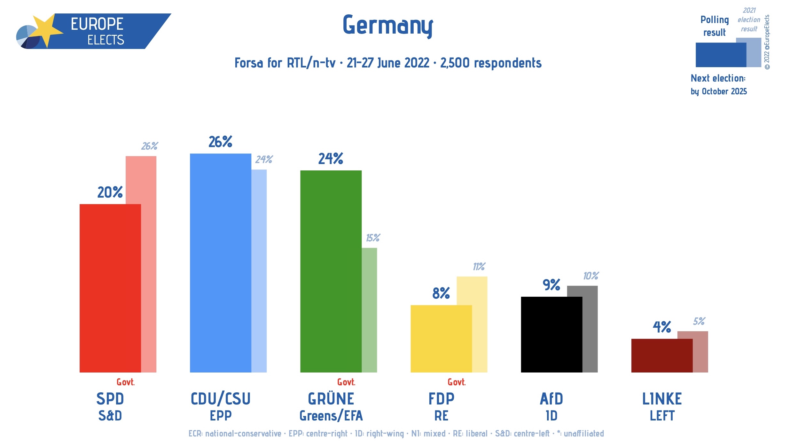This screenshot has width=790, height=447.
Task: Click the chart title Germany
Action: tap(387, 26)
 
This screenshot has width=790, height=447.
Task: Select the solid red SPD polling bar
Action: tap(110, 288)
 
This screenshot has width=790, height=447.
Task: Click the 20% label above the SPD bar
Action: tap(110, 192)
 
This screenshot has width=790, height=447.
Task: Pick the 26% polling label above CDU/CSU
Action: tap(220, 142)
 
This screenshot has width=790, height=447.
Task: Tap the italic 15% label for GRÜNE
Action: tap(373, 238)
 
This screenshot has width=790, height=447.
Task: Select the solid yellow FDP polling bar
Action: tap(441, 339)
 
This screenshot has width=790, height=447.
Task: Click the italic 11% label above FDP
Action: tap(479, 267)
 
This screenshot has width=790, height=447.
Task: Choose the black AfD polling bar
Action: tap(551, 334)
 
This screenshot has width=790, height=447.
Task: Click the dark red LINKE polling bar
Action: tap(661, 356)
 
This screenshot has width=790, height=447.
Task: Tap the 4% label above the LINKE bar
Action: tap(661, 327)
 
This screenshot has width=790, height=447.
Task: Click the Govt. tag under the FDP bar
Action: tap(456, 382)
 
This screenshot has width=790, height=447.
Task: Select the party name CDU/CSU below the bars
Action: tap(220, 399)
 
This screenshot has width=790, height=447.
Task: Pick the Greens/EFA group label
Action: tap(331, 416)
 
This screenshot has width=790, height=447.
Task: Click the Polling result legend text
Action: tap(715, 26)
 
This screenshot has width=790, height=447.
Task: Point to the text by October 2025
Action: tap(718, 91)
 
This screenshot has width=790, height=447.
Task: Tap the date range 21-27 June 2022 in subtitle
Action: tap(388, 63)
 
